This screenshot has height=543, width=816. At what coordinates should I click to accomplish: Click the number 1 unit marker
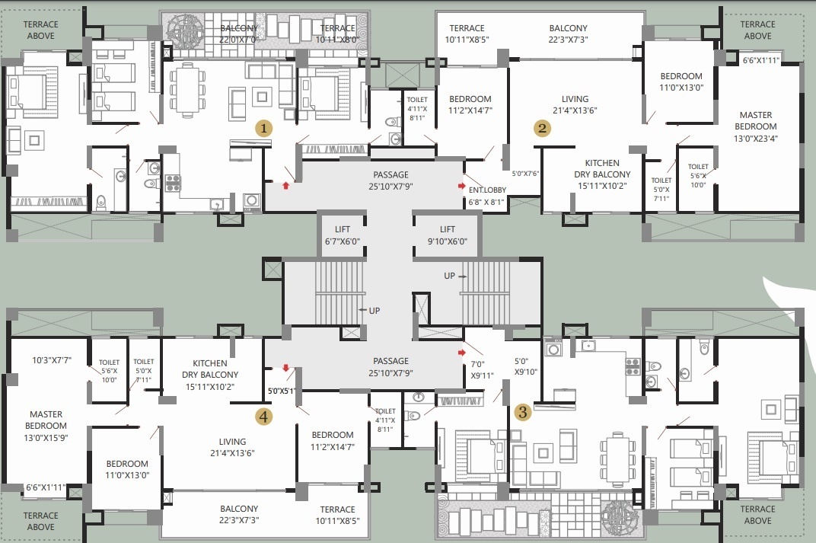tap(263, 128)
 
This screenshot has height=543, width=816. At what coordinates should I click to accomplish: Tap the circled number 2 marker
tap(542, 128)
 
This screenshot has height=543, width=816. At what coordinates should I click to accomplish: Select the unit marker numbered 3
tap(522, 413)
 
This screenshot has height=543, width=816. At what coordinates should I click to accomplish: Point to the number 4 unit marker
tap(263, 416)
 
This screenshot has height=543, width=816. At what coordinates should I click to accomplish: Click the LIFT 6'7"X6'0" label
tap(343, 235)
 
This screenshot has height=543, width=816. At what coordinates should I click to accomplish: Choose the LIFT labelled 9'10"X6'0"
tap(448, 235)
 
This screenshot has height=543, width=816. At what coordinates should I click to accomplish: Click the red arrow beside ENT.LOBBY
tap(461, 186)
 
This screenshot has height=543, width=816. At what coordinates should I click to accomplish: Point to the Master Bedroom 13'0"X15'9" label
tap(46, 426)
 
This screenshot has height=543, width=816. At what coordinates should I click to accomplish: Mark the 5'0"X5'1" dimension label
tap(281, 391)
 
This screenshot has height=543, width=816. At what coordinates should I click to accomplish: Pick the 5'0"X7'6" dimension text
tap(525, 174)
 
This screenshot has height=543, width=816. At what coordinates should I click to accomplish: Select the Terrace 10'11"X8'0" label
tap(336, 34)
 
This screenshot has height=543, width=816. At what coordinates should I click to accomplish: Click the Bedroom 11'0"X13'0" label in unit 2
tap(681, 81)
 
